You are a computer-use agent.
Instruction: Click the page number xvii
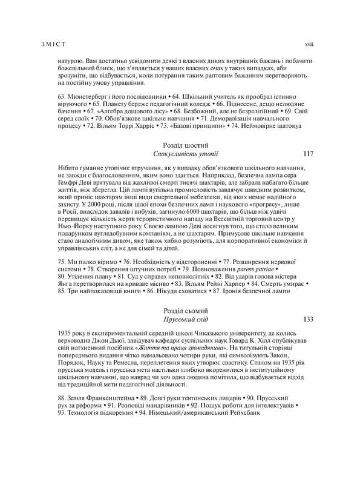[x=309, y=44]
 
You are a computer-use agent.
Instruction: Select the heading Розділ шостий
[x=186, y=145]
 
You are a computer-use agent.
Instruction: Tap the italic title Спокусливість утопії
[x=186, y=155]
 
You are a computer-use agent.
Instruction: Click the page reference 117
[x=308, y=155]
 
